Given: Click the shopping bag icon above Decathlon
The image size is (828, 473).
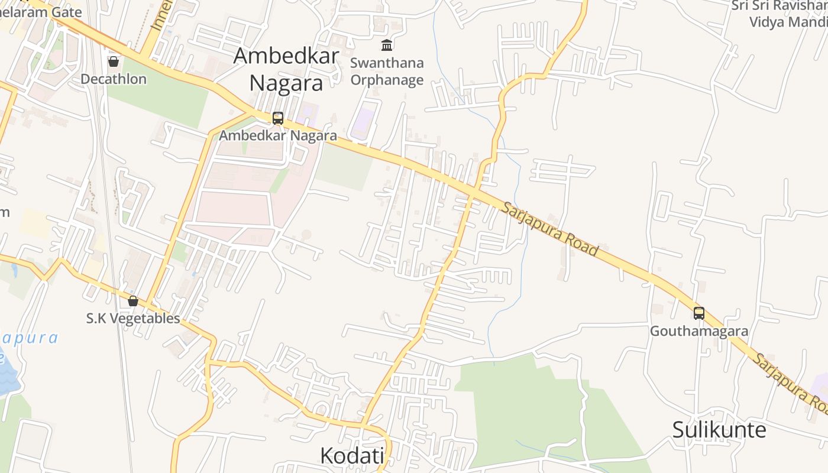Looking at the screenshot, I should (114, 61).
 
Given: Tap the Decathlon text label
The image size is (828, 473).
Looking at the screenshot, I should (114, 79).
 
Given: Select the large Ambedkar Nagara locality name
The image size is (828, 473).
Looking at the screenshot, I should (286, 69).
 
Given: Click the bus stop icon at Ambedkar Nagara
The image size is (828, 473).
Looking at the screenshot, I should (278, 118).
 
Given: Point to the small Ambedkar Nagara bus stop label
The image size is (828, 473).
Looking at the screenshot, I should (278, 135).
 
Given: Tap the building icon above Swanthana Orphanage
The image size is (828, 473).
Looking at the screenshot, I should (387, 45).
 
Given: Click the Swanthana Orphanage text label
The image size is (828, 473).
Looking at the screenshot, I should (387, 71).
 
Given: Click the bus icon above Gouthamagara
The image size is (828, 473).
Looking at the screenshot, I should (699, 313).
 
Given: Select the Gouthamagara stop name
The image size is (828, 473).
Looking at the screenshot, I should (699, 331).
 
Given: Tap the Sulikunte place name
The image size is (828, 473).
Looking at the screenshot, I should (719, 430).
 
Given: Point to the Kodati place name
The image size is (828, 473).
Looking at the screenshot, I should (352, 455).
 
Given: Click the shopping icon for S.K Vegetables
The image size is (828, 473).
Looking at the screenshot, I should (133, 301).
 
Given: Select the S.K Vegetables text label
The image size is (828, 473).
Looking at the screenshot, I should (133, 318).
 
